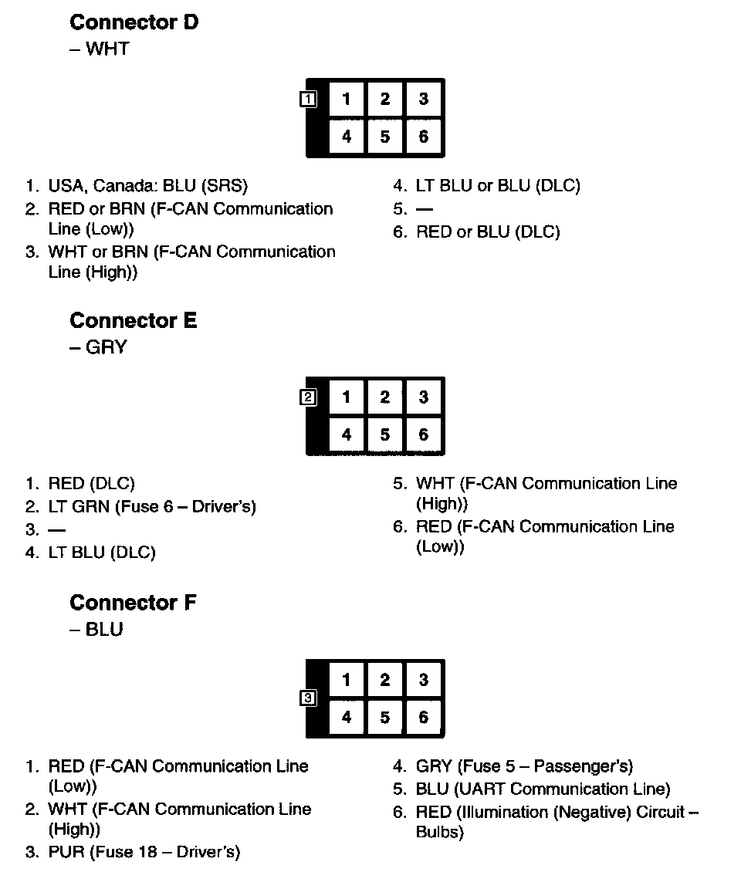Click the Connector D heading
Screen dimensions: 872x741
click(134, 23)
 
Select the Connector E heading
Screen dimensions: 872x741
click(133, 321)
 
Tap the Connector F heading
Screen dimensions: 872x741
click(133, 603)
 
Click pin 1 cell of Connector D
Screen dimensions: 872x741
click(347, 99)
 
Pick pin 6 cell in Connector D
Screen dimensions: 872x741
click(423, 137)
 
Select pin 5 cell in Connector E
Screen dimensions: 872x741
click(384, 435)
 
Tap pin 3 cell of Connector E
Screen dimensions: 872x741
click(423, 397)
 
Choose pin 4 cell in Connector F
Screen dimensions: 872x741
click(347, 718)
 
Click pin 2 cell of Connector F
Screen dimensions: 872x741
click(384, 680)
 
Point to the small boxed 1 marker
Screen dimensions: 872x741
click(307, 99)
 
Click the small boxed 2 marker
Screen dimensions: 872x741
click(307, 397)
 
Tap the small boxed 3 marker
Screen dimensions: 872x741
click(307, 699)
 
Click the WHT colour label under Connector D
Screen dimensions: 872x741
click(107, 49)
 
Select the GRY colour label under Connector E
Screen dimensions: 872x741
click(106, 347)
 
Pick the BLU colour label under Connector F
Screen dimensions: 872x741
click(104, 630)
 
